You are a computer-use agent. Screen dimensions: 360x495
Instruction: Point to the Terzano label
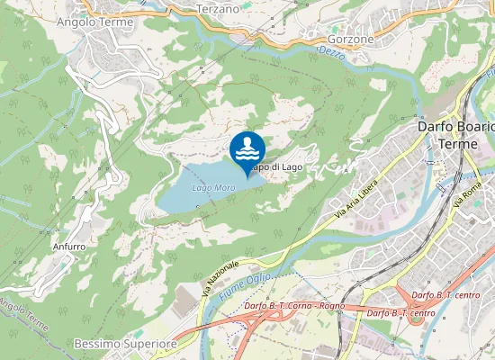click(218, 8)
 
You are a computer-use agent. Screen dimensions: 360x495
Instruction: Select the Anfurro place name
click(69, 246)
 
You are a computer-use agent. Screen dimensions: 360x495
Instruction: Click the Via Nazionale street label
click(220, 279)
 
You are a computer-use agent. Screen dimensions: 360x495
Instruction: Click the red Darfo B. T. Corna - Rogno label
click(294, 306)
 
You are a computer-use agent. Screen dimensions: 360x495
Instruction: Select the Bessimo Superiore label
click(125, 344)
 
